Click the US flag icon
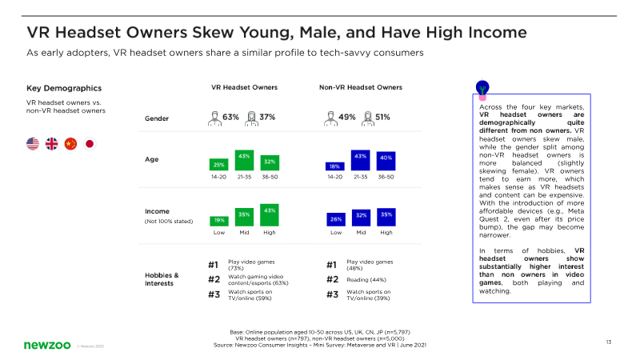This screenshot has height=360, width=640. pyautogui.click(x=33, y=144)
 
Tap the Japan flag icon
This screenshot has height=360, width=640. pyautogui.click(x=89, y=144)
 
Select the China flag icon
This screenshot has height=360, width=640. pyautogui.click(x=70, y=144)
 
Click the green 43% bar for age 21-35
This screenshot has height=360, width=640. pyautogui.click(x=244, y=160)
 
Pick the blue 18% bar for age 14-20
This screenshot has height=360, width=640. pyautogui.click(x=334, y=166)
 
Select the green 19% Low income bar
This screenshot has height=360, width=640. pyautogui.click(x=218, y=220)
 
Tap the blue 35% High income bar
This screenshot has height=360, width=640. pyautogui.click(x=386, y=216)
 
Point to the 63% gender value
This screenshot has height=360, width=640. pyautogui.click(x=231, y=117)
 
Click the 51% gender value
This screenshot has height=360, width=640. pyautogui.click(x=382, y=117)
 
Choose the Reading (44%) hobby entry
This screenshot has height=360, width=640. pyautogui.click(x=368, y=279)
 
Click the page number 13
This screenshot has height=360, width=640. pyautogui.click(x=609, y=342)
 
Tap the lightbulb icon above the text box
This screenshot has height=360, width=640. pyautogui.click(x=482, y=86)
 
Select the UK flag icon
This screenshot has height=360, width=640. pyautogui.click(x=52, y=144)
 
